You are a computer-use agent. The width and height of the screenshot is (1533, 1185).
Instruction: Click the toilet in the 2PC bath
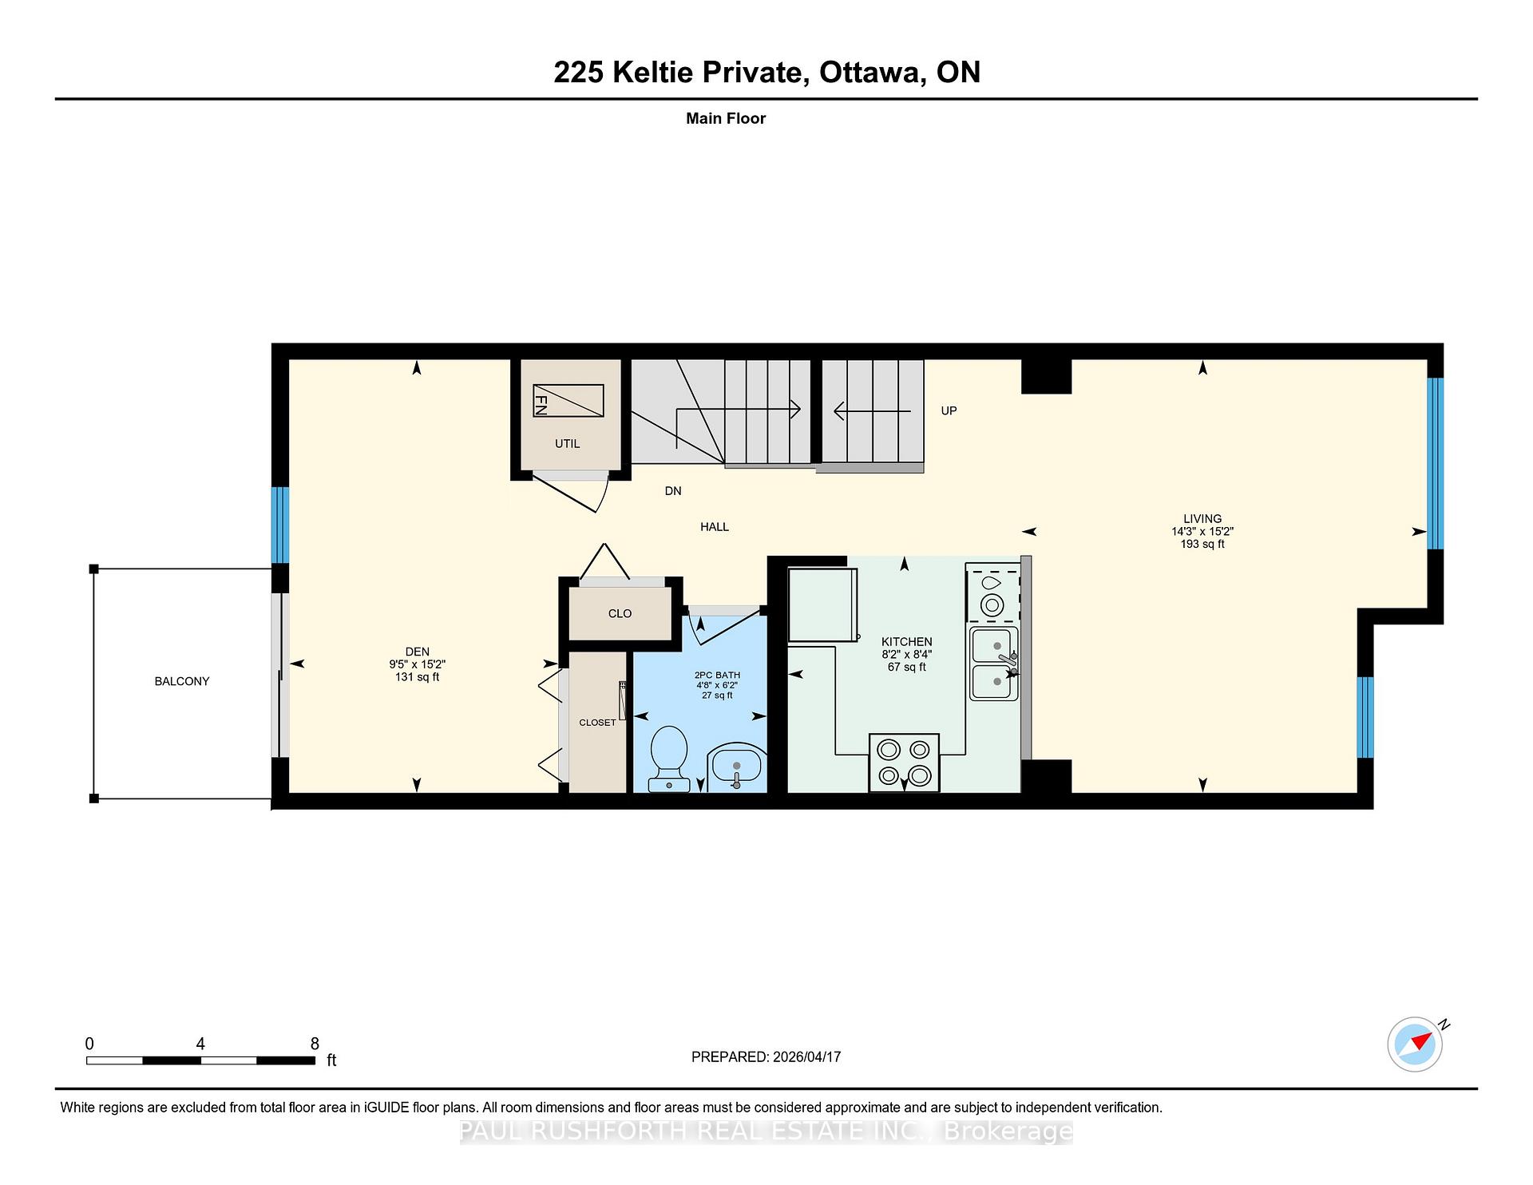(x=669, y=759)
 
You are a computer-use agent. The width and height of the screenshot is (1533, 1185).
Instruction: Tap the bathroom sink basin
(x=736, y=767)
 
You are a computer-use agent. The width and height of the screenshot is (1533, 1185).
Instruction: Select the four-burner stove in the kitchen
(x=904, y=763)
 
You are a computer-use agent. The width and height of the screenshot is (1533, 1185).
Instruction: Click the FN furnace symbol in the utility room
(x=568, y=400)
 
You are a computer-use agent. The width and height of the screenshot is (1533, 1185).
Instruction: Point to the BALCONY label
(x=182, y=681)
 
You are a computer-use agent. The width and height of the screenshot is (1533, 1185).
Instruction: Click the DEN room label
(x=418, y=652)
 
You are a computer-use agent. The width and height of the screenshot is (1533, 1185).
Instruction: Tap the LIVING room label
(x=1202, y=518)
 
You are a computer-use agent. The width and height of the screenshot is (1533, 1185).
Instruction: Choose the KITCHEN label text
(x=907, y=641)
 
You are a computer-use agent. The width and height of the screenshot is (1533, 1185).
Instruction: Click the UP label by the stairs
(x=949, y=410)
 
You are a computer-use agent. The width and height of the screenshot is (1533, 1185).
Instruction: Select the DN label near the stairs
(x=673, y=491)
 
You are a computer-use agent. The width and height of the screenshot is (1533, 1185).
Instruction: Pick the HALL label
(x=715, y=527)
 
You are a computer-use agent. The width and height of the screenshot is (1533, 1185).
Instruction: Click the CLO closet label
(x=620, y=613)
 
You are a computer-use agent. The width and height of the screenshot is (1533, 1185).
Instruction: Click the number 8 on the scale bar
(x=315, y=1044)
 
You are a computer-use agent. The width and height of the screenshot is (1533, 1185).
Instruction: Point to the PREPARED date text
(x=766, y=1056)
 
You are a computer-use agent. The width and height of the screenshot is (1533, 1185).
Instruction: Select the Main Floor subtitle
(x=726, y=118)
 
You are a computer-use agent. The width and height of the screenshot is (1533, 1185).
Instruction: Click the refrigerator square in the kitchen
(x=822, y=604)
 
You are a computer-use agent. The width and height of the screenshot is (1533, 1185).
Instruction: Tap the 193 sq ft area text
(x=1202, y=544)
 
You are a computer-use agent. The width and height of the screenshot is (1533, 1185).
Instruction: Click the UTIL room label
(x=568, y=443)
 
